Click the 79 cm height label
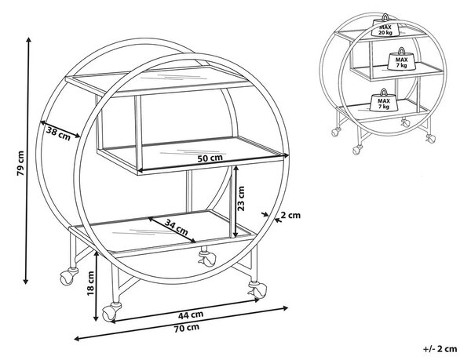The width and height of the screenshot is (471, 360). (20, 163)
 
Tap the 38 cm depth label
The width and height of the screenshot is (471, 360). (58, 133)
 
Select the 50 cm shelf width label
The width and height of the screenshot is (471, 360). (210, 158)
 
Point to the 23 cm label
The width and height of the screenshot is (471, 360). (241, 198)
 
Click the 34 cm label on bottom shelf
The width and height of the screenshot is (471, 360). (177, 227)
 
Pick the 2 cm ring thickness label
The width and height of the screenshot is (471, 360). (290, 215)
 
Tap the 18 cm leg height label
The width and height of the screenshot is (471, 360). (90, 283)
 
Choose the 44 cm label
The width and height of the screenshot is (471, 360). (191, 315)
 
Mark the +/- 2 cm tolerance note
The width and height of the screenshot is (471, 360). (440, 349)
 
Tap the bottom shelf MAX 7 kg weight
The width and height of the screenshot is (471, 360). (384, 100)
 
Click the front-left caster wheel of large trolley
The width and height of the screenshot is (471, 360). (111, 312)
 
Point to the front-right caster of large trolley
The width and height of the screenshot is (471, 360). (257, 289)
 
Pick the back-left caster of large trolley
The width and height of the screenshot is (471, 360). (68, 276)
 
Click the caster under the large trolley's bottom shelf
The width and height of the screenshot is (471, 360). (207, 258)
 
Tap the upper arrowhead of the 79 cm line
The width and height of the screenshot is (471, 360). (28, 40)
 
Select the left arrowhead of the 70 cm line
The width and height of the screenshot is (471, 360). (77, 339)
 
